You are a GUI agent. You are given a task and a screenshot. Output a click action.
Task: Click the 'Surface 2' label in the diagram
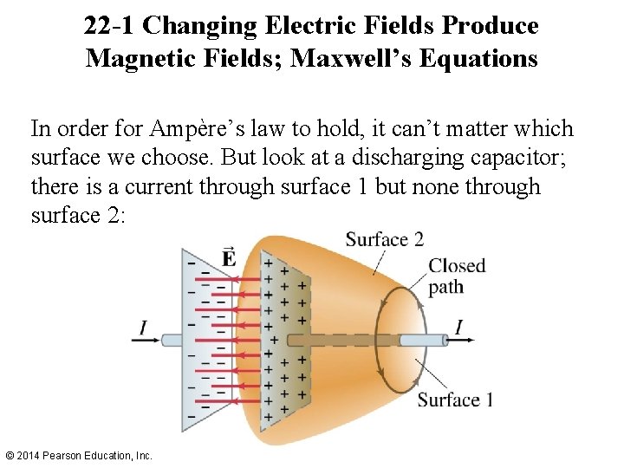384,239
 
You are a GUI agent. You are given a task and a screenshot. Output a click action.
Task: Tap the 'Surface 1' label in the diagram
455,400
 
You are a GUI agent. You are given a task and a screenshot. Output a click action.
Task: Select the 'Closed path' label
457,276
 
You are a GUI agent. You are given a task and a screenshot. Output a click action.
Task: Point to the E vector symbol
229,257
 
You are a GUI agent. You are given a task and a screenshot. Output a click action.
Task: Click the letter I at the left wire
143,327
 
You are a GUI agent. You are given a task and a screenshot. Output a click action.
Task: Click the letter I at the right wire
458,327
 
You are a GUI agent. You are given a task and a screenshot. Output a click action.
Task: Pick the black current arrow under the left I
145,341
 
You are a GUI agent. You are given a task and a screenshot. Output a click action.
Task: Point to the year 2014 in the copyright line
34,455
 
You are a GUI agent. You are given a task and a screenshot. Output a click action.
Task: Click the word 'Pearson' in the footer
72,455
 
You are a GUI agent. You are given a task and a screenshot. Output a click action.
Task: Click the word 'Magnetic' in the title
142,59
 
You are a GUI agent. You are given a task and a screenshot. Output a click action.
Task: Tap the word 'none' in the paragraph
421,186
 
